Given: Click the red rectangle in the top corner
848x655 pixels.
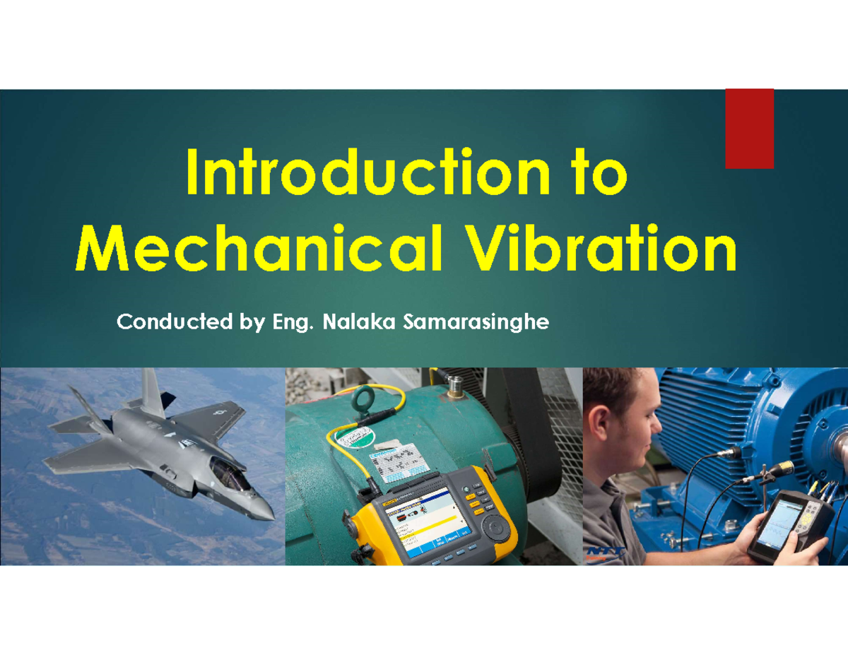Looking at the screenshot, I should (750, 129).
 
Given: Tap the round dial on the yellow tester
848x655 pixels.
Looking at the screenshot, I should (494, 526).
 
